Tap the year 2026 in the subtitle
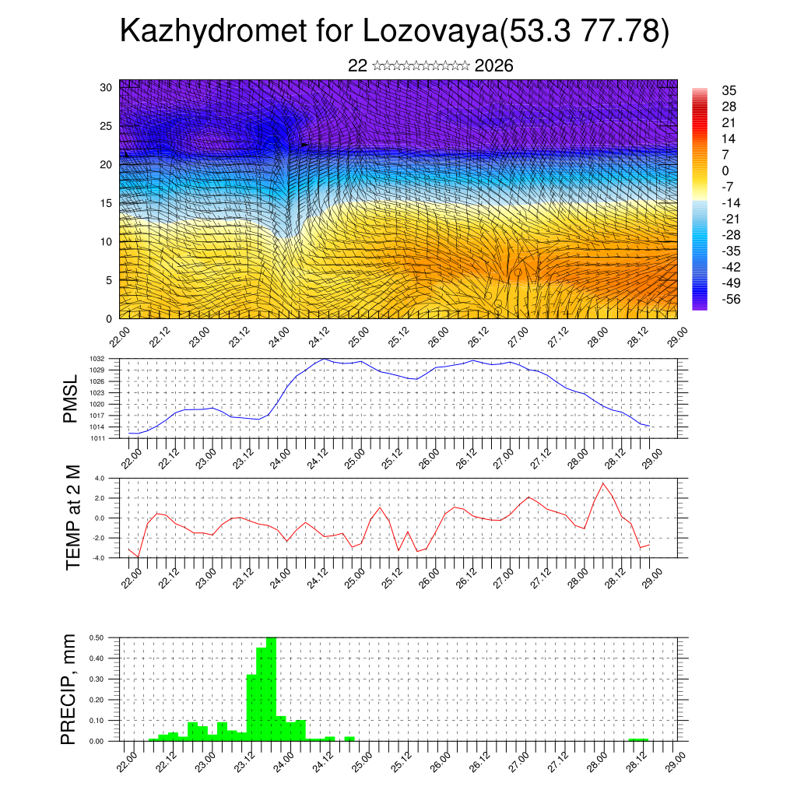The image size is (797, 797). click(x=493, y=66)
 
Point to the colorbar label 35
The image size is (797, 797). click(x=729, y=90)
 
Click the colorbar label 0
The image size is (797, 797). click(x=725, y=170)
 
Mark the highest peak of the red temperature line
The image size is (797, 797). click(x=602, y=483)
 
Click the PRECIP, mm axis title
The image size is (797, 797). click(x=69, y=690)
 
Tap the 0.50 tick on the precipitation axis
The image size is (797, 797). click(x=97, y=637)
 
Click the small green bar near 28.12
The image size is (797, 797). click(x=638, y=739)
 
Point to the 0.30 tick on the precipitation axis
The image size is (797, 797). click(x=97, y=679)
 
